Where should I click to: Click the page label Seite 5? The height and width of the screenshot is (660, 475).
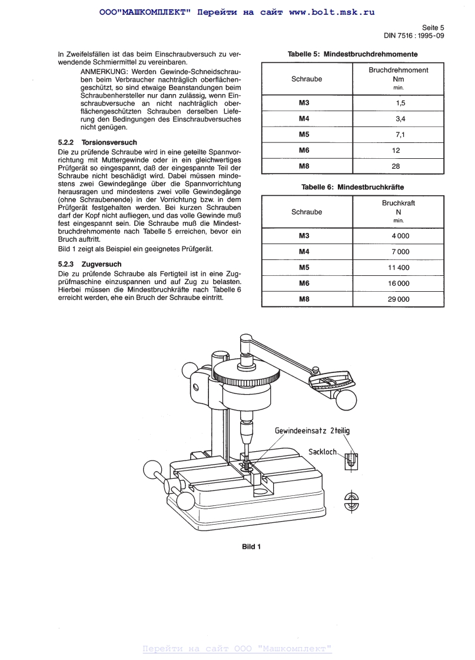point(433,27)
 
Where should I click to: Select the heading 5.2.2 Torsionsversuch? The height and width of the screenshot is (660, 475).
point(98,142)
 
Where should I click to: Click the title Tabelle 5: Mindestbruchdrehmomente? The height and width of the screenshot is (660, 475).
point(353,54)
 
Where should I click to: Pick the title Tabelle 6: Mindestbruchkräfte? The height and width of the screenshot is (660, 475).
point(353,187)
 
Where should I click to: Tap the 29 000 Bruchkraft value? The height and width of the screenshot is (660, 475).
point(398,299)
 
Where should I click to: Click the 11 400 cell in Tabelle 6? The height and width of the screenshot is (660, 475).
point(398,268)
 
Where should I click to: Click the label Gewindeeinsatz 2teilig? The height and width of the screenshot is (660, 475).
point(312,431)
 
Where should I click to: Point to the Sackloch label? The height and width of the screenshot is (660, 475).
point(323,452)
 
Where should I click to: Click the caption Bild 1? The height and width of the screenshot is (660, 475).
point(251,546)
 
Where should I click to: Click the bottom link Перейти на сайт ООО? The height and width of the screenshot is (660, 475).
point(237,649)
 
